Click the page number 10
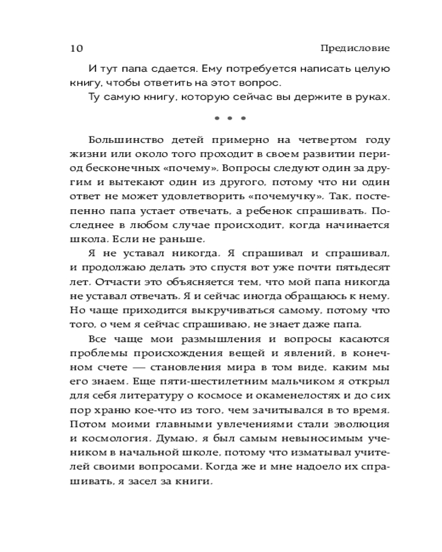click(76, 49)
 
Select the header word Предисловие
click(355, 48)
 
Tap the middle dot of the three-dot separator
click(229, 118)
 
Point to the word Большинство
click(123, 140)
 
